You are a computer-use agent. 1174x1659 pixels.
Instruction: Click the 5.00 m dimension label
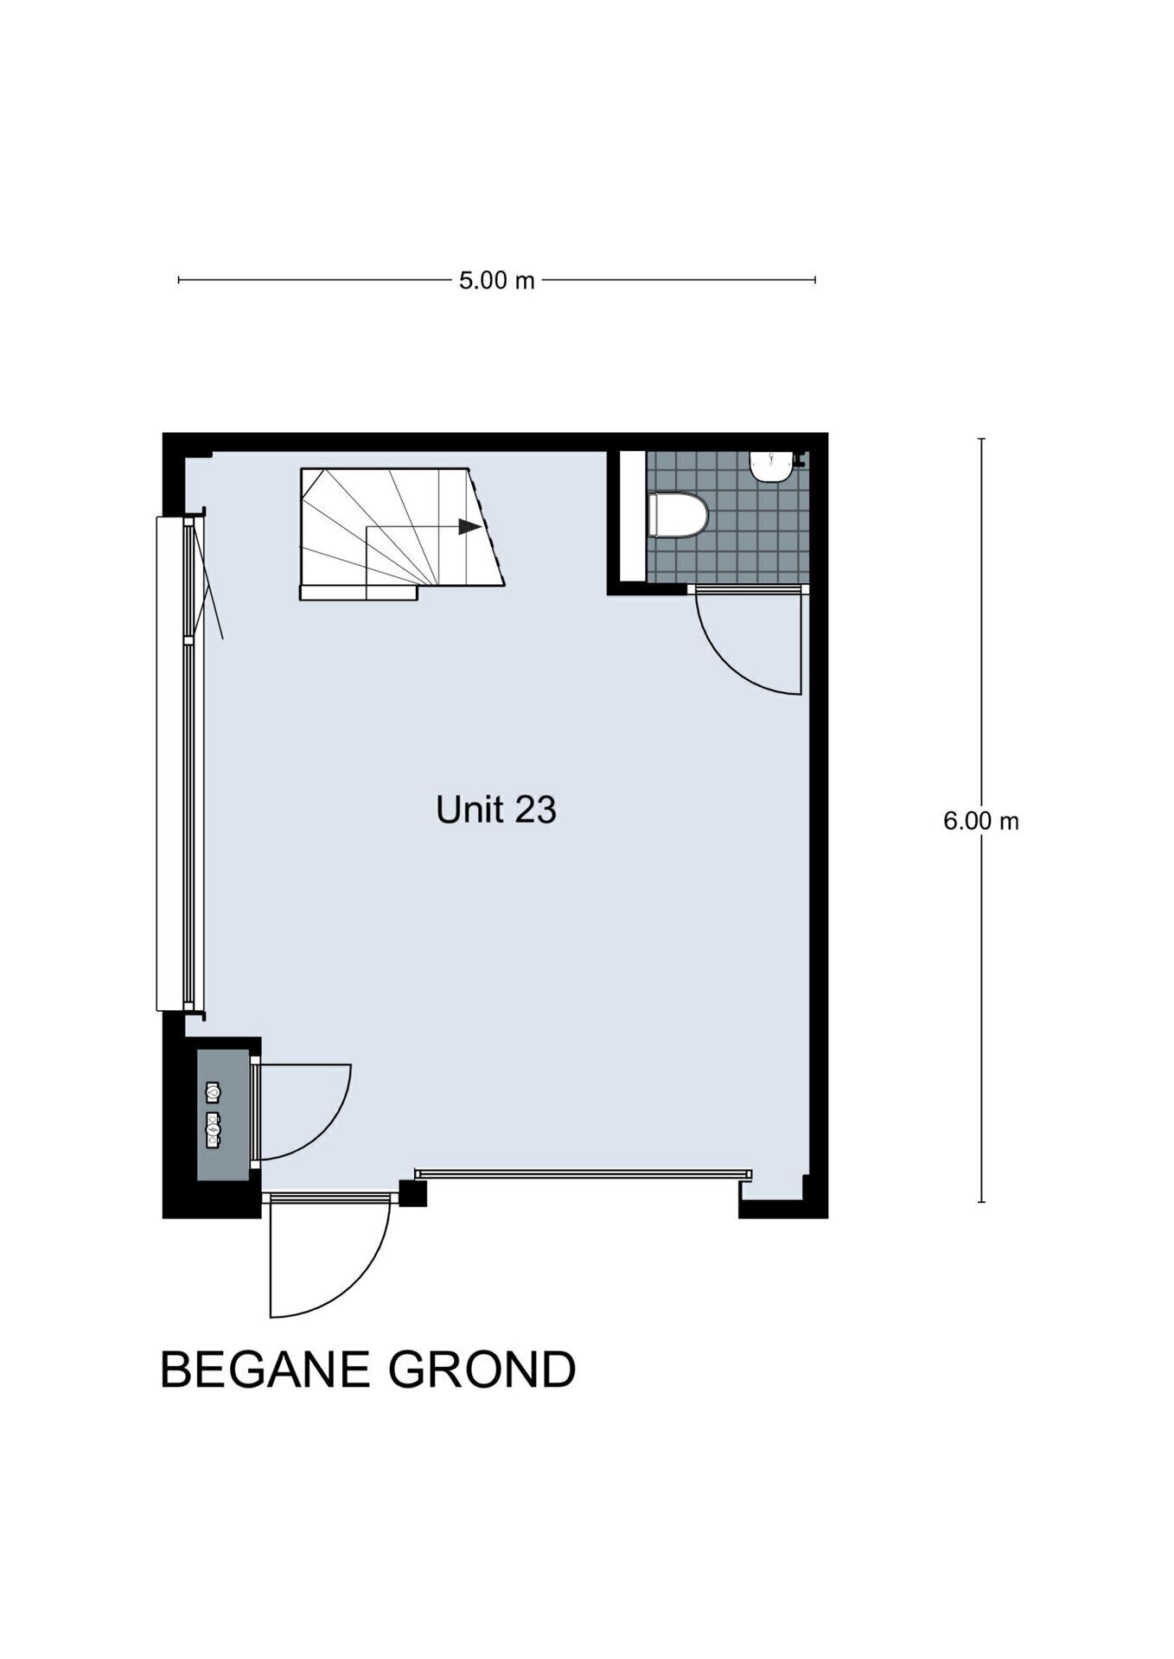click(x=496, y=280)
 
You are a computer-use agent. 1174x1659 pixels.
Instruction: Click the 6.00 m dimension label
click(x=980, y=821)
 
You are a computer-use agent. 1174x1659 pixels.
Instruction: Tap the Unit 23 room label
click(x=496, y=810)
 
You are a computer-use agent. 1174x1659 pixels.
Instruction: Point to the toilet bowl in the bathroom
click(x=678, y=515)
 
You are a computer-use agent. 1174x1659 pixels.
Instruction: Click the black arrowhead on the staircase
click(x=469, y=525)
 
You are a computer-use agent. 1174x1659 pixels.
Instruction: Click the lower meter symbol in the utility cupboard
click(x=213, y=1129)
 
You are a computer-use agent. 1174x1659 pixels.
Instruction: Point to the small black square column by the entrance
click(x=413, y=1192)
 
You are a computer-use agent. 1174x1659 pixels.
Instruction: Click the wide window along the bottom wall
click(x=584, y=1174)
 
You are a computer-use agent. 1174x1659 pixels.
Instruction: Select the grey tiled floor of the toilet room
click(x=728, y=517)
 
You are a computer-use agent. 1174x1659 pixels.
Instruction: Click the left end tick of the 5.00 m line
click(x=179, y=280)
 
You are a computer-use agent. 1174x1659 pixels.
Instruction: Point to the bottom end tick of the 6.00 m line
click(x=981, y=1201)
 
